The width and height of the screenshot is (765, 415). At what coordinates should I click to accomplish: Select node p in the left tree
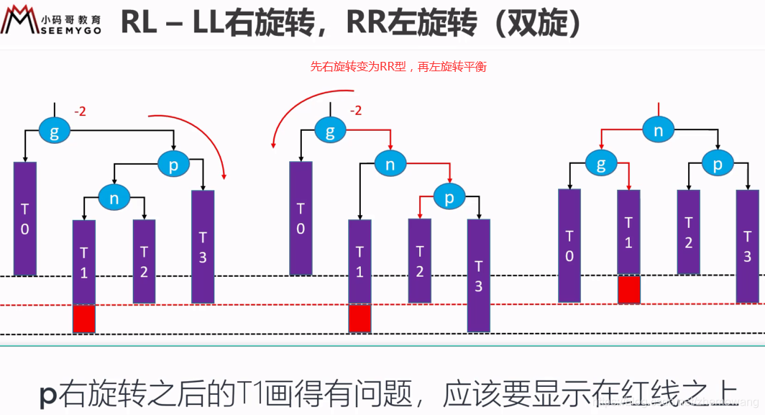pos(173,165)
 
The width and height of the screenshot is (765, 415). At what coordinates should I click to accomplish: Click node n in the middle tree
pos(390,165)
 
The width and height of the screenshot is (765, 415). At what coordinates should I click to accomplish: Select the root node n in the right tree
pos(658,130)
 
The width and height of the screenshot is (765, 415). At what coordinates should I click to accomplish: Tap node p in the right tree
pos(717,164)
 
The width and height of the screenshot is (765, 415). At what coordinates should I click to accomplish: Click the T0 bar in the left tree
pos(25,218)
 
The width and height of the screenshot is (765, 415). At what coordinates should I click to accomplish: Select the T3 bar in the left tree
pos(203,246)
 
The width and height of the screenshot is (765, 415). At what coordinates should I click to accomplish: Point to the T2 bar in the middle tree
pos(420,260)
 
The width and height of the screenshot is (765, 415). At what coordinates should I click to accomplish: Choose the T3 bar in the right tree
pos(747,246)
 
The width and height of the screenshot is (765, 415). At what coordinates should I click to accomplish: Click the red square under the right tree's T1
pos(628,289)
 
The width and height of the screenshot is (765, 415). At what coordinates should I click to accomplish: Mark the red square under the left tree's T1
pos(83,319)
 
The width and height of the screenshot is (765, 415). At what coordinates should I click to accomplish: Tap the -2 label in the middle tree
pos(355,111)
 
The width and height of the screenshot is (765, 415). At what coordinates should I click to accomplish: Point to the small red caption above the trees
pos(398,67)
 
